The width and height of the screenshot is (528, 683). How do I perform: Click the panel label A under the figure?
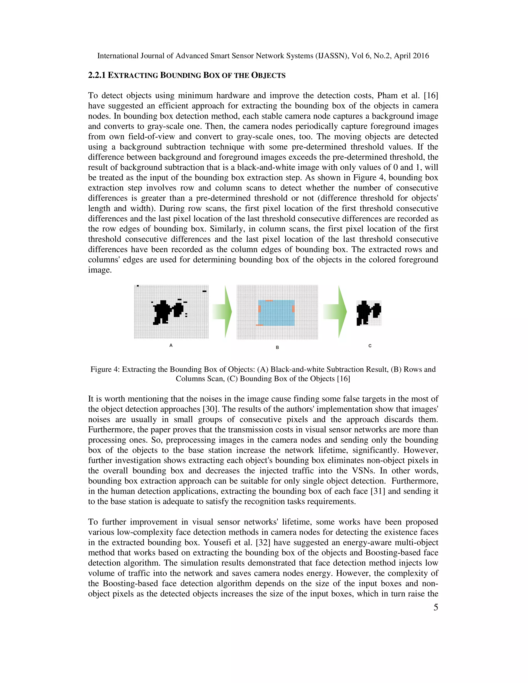(x=171, y=345)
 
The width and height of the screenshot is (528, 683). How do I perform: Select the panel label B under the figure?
(x=277, y=347)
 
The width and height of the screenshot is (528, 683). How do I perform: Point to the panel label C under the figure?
(x=370, y=346)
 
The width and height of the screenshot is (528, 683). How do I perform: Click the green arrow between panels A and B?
(x=223, y=312)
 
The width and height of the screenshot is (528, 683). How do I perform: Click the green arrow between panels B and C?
(x=336, y=312)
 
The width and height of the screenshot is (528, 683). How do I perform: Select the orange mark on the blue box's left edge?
(x=259, y=309)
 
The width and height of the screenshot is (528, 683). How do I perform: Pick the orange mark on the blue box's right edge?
(x=293, y=309)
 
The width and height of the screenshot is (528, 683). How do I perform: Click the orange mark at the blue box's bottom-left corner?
(x=259, y=325)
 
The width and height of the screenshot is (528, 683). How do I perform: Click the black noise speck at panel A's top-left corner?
(x=138, y=286)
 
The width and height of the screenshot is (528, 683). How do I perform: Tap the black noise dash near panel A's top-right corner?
(x=204, y=291)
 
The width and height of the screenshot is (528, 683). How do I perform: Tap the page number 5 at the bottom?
(x=435, y=607)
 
